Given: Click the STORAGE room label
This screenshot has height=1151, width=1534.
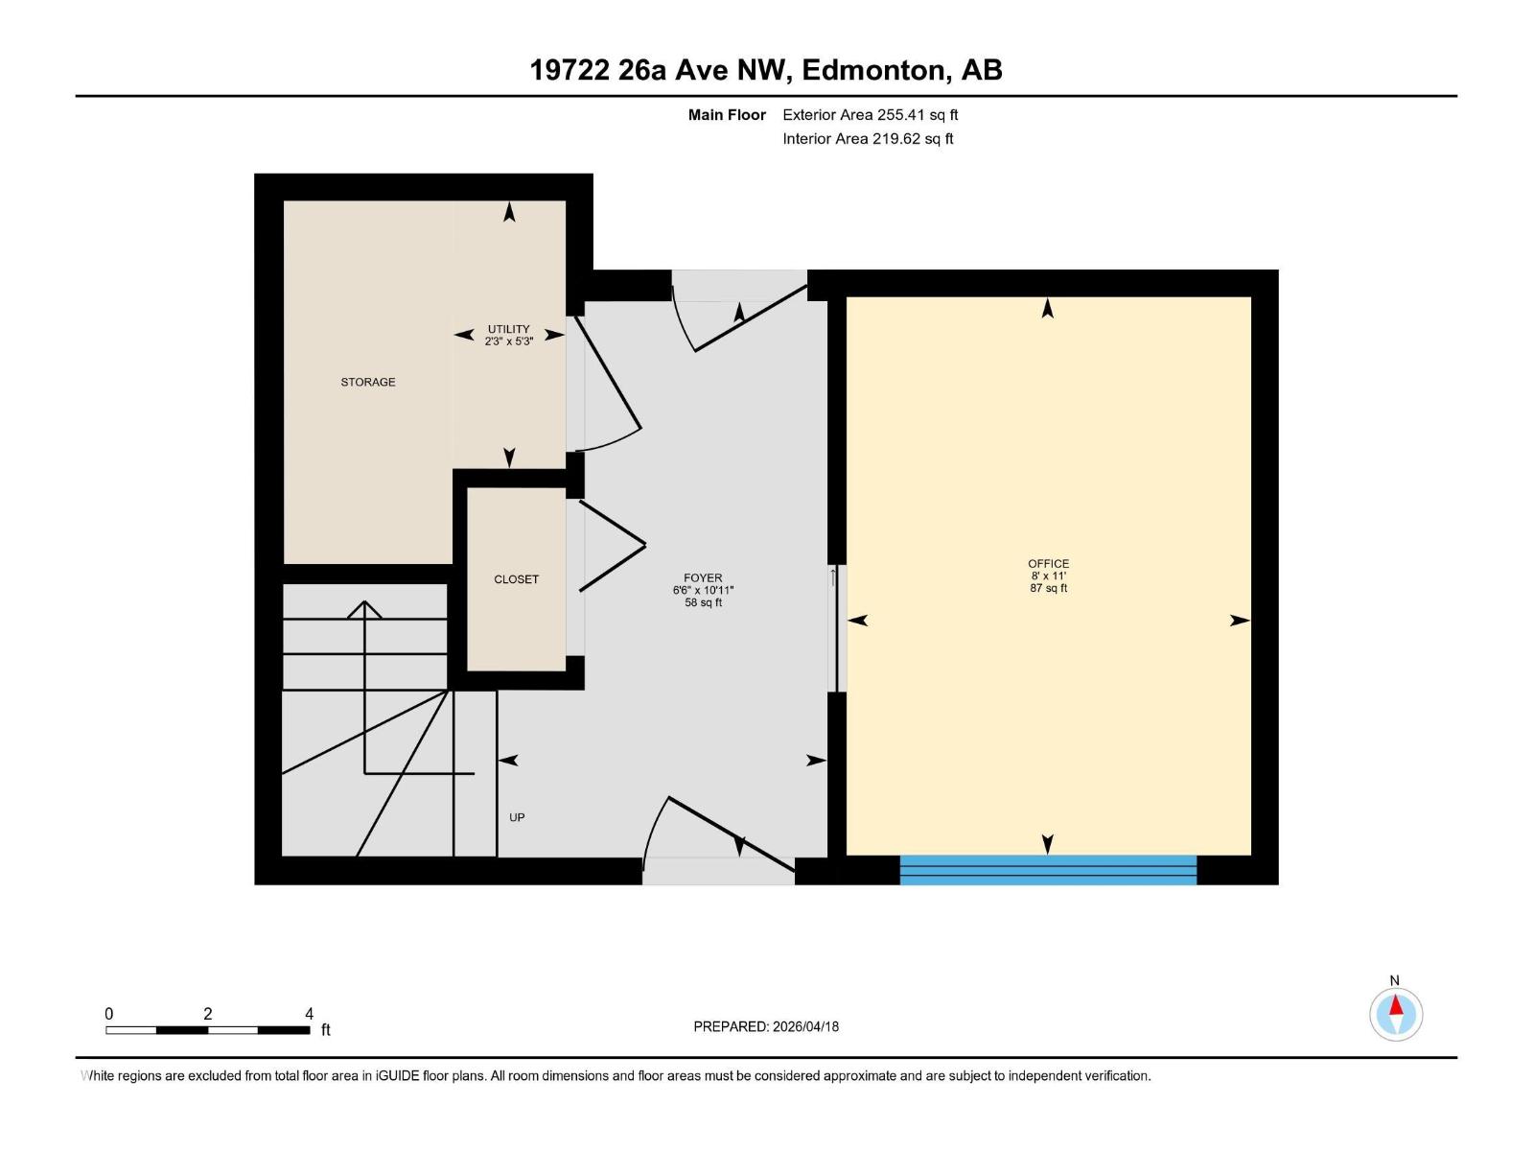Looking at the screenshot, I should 368,382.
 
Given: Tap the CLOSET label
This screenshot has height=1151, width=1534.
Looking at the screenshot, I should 516,579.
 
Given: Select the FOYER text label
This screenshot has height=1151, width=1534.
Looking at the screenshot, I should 703,578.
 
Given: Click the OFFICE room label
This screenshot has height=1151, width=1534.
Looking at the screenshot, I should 1048,564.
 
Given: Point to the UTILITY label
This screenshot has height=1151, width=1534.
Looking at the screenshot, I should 508,329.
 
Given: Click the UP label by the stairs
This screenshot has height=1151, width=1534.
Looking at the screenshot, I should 517,817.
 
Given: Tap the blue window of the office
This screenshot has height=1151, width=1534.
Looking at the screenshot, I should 1048,869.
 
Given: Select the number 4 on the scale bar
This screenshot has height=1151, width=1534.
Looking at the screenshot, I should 309,1014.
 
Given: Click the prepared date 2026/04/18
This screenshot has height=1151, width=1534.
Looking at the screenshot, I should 804,1026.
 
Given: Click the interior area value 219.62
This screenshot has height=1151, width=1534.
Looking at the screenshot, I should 895,139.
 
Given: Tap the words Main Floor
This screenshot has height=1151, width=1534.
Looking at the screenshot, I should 727,115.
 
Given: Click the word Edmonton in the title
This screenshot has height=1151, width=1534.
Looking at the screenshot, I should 873,70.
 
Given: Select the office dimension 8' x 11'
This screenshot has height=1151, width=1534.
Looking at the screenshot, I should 1048,576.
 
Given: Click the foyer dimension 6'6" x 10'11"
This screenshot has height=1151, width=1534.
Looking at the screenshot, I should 703,591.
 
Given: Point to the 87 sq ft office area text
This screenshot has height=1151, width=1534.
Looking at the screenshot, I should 1048,588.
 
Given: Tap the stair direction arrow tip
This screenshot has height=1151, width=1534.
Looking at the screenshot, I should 364,603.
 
